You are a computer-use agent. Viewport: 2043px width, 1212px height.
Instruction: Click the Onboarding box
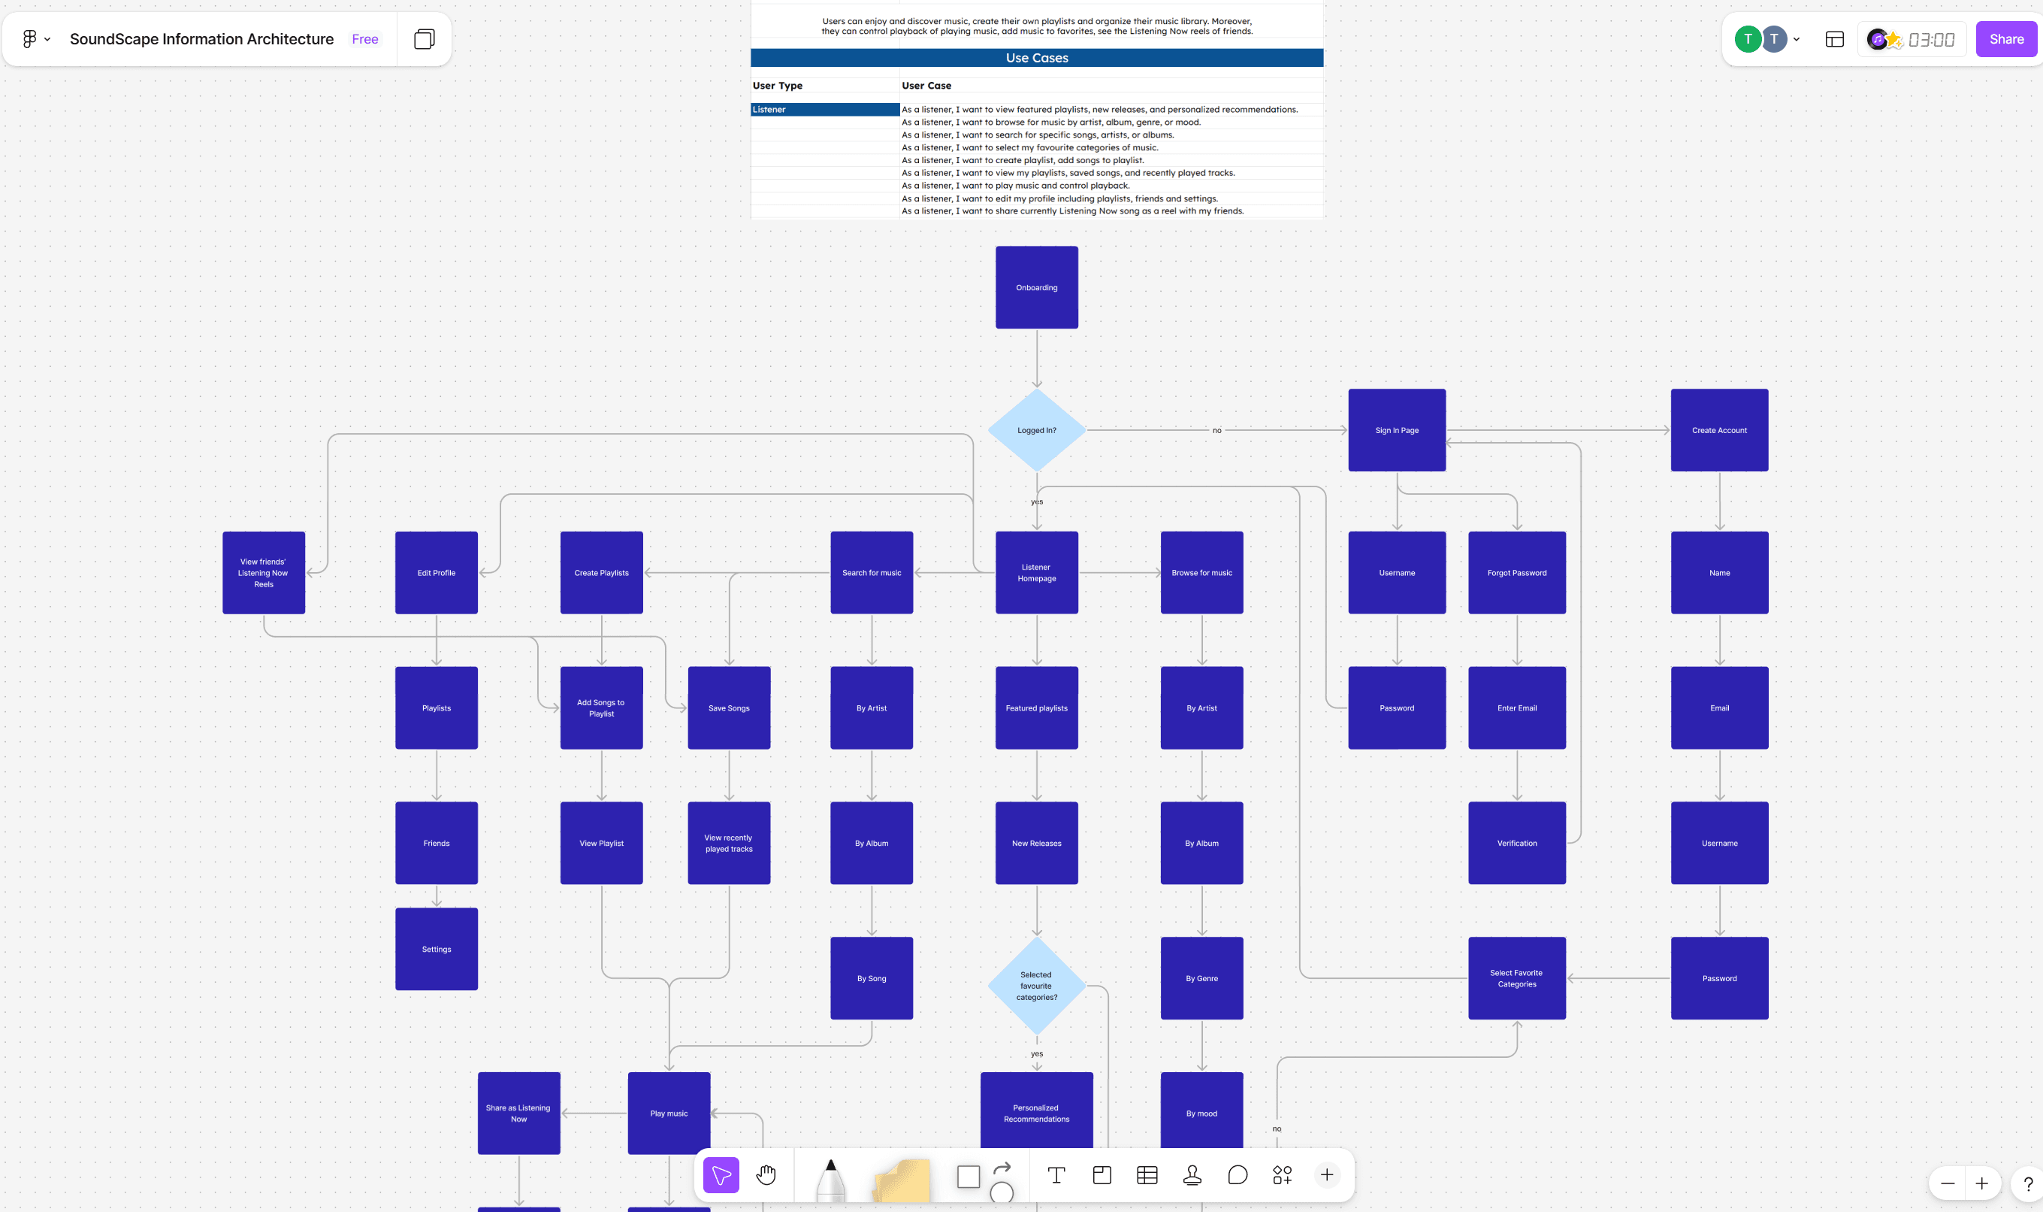(1037, 287)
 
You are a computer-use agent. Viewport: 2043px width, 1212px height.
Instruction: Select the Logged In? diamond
(1037, 430)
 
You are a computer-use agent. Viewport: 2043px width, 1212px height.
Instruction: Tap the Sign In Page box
(1397, 430)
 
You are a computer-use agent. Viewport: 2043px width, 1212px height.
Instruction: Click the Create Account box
(1719, 430)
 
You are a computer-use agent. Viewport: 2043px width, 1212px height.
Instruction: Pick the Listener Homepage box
(1037, 572)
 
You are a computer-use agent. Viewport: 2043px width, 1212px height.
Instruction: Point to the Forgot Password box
(1516, 572)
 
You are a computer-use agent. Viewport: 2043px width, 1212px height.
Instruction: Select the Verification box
(1516, 843)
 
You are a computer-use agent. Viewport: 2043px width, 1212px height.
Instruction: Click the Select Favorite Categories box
(1516, 978)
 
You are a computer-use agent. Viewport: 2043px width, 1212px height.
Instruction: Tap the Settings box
(437, 949)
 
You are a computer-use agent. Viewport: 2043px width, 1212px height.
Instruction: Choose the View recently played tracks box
(729, 843)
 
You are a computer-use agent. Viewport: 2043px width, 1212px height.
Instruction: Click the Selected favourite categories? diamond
(1037, 986)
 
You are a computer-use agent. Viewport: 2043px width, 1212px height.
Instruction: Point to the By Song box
(872, 978)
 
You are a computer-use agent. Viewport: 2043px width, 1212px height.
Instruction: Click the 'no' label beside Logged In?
(1217, 430)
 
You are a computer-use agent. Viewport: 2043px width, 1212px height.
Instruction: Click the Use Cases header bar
(1037, 58)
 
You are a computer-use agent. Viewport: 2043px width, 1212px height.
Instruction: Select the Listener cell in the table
(824, 110)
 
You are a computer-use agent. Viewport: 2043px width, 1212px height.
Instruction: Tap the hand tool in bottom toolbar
(766, 1175)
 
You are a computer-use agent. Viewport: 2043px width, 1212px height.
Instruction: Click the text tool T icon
(1056, 1175)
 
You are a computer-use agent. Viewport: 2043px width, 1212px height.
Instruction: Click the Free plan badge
(365, 39)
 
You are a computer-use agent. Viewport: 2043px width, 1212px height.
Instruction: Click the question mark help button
(2027, 1183)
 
